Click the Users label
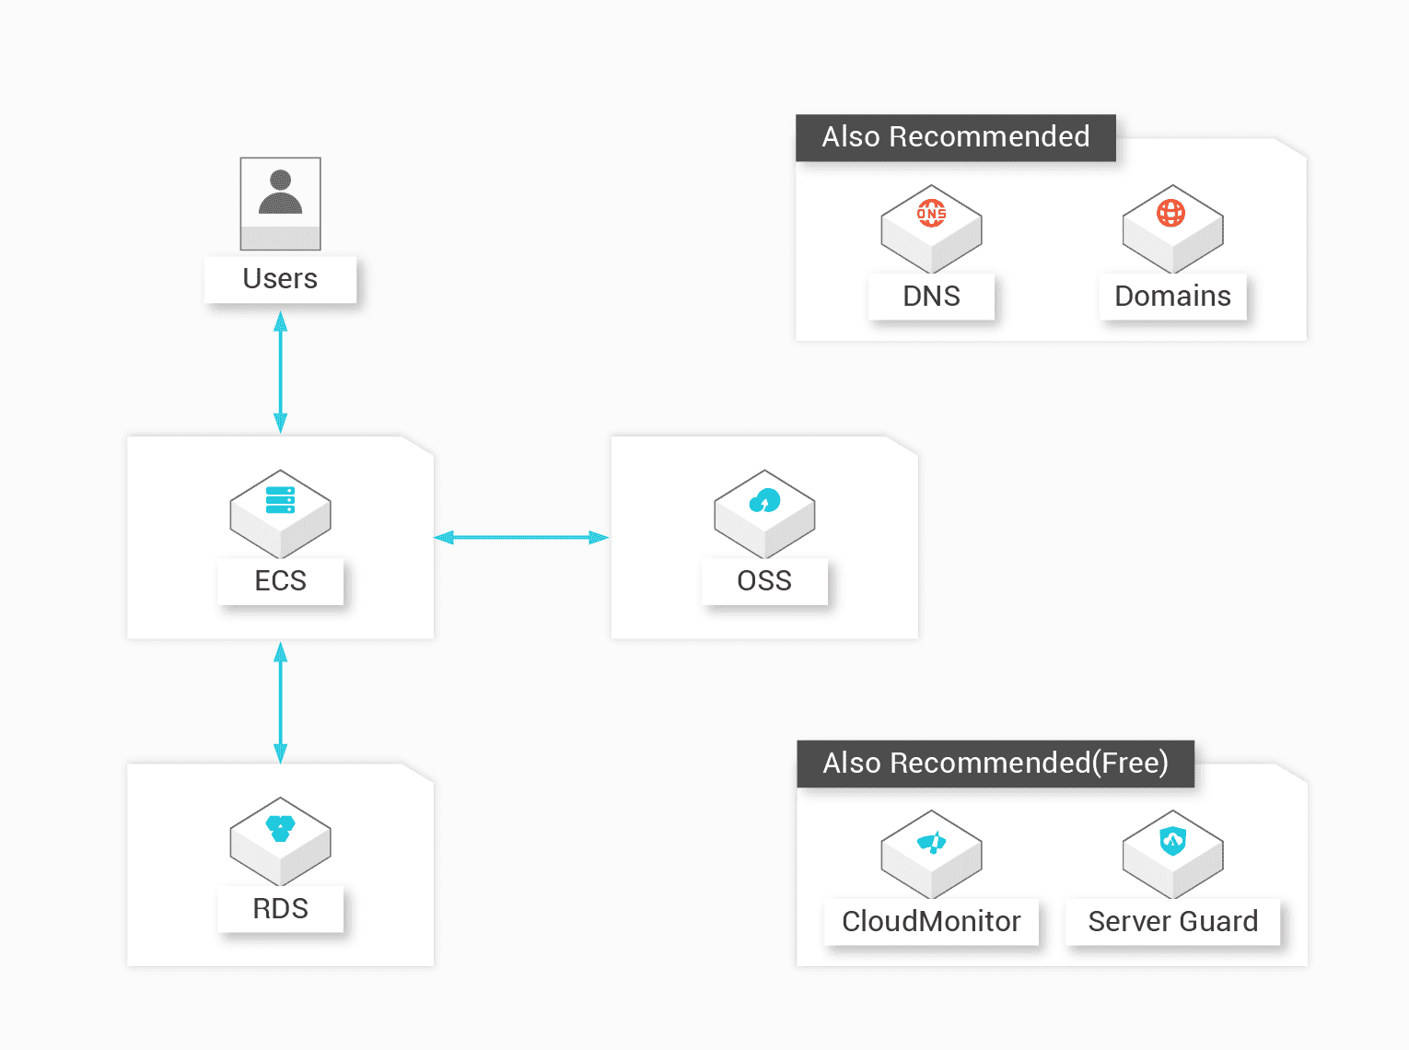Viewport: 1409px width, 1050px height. [280, 278]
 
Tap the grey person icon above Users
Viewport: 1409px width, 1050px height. [280, 192]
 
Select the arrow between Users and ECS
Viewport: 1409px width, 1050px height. [280, 372]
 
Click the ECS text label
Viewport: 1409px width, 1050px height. [280, 580]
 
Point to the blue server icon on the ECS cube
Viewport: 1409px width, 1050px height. [280, 499]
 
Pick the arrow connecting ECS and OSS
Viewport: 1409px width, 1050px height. [521, 538]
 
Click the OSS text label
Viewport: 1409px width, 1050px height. [764, 580]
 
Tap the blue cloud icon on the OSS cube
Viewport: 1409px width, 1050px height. [764, 500]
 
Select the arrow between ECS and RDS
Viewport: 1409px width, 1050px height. [280, 703]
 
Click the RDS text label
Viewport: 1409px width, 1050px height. [280, 908]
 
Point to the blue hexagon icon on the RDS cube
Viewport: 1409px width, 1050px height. [280, 828]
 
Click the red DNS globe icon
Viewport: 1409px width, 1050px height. [931, 213]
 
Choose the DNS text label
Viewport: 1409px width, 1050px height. [931, 297]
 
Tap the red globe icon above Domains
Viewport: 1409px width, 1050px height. [1170, 213]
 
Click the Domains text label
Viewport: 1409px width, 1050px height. [1172, 297]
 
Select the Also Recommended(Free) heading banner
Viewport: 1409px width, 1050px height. [996, 764]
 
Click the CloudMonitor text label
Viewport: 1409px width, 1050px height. [931, 921]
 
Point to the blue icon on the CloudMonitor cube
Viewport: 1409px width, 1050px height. [931, 842]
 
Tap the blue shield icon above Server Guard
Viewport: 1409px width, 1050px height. [1172, 842]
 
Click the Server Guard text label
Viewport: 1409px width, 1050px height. [1172, 921]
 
